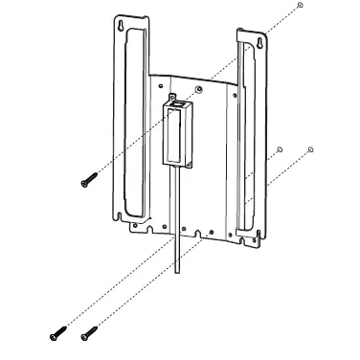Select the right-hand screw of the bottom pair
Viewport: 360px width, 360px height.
89,332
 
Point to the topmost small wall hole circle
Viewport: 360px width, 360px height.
300,7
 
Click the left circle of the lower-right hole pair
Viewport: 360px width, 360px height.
278,149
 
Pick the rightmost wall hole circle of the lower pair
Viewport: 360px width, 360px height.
311,149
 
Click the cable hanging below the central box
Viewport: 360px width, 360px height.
177,220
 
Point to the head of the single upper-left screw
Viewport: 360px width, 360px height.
83,183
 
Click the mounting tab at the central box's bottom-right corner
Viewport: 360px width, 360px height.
189,164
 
